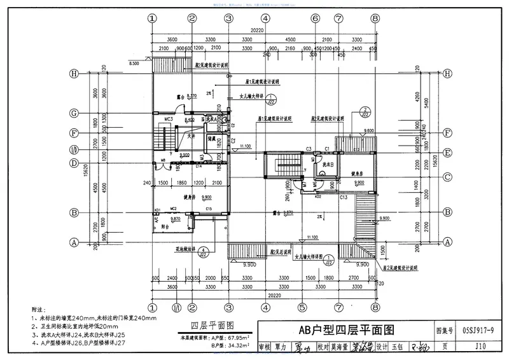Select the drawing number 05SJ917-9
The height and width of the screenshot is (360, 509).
coord(474,331)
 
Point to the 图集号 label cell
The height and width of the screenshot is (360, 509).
coord(444,331)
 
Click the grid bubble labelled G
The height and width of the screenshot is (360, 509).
coord(74,113)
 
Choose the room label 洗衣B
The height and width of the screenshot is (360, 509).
coord(321,163)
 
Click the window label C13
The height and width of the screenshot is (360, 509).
coord(344,198)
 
